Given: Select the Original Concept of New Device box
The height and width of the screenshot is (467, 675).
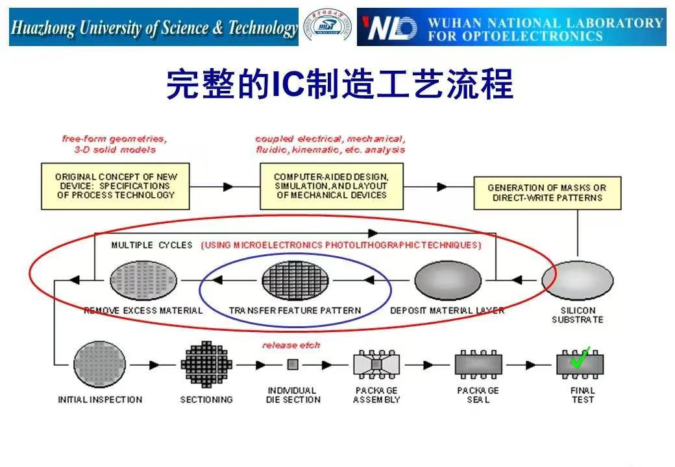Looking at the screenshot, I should (x=116, y=186).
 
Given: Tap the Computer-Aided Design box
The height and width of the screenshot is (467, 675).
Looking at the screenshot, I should (x=331, y=186).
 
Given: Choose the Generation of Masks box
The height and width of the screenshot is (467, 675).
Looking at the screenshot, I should (x=546, y=192).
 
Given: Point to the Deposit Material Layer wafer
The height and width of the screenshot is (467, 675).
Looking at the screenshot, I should (x=447, y=280).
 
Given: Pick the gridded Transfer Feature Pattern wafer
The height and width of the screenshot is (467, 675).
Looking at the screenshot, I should (x=295, y=280).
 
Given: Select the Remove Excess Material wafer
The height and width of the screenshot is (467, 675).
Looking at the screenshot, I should (x=143, y=280).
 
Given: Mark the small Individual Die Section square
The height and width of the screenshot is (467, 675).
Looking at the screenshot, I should (x=293, y=365).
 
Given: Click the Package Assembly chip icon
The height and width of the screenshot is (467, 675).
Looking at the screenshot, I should (x=376, y=365).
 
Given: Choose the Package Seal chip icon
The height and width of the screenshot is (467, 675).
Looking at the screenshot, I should (x=478, y=365).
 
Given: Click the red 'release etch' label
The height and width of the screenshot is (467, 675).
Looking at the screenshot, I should (x=291, y=345).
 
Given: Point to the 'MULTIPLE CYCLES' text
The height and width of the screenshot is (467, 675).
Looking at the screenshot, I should (x=152, y=245).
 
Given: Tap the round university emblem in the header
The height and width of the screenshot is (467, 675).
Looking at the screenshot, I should (x=327, y=27).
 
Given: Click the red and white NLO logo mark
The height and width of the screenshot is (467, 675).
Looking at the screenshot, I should (x=389, y=28).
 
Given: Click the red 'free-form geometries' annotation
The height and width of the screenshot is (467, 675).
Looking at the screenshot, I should (x=114, y=139).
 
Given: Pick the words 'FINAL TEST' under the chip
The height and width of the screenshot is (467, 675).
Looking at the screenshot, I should (x=582, y=395).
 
